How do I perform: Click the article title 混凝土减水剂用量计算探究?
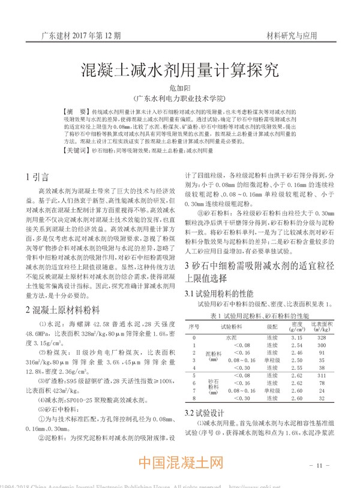179,71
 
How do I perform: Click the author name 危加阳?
179,88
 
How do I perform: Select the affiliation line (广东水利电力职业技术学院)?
179,98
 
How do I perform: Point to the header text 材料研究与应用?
291,36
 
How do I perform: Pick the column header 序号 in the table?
194,327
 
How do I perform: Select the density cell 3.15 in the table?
296,338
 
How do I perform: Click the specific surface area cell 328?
321,338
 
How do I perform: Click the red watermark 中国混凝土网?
180,463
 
